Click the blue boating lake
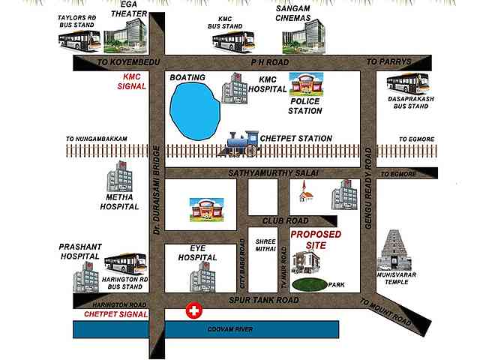click(x=193, y=111)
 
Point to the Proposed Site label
click(x=316, y=240)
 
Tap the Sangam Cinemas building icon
click(x=308, y=36)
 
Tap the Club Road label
click(x=285, y=220)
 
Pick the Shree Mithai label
click(x=265, y=246)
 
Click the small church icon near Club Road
click(x=304, y=193)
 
